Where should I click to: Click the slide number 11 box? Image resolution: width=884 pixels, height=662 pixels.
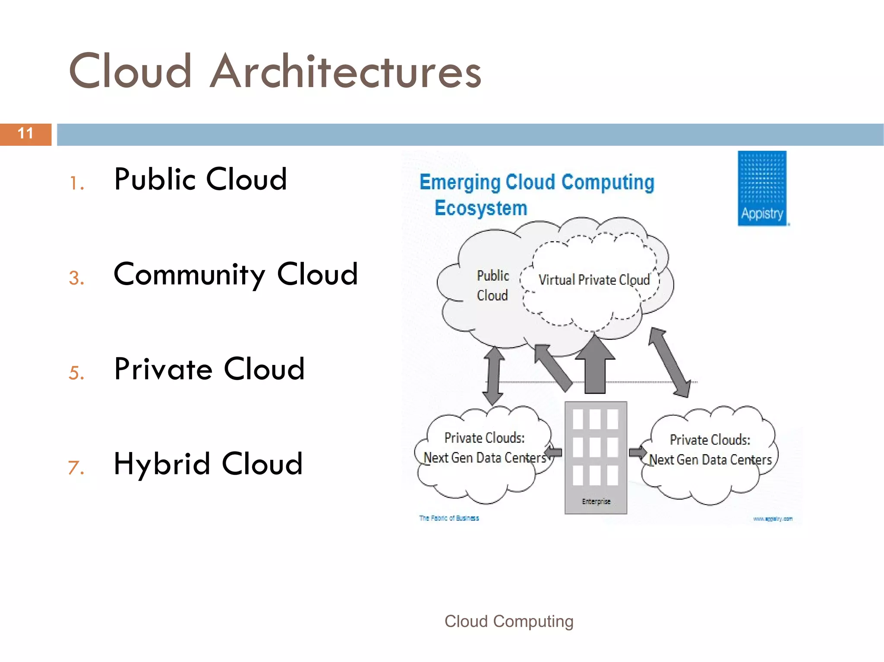tap(25, 134)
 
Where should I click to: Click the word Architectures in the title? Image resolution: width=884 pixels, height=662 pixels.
tap(345, 72)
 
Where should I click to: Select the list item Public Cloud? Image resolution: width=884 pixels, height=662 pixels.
tap(200, 179)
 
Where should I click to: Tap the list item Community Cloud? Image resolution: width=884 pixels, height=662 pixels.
tap(236, 274)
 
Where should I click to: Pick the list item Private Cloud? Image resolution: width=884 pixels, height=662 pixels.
tap(209, 369)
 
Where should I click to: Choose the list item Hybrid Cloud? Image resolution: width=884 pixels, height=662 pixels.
tap(208, 464)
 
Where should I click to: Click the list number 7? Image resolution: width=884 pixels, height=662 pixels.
tap(76, 467)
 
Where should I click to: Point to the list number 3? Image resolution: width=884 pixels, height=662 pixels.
tap(76, 278)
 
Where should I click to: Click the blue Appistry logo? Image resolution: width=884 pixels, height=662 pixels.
tap(762, 188)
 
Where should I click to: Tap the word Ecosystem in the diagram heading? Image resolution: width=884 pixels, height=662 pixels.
tap(480, 208)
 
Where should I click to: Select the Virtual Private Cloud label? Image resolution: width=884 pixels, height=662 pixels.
tap(594, 280)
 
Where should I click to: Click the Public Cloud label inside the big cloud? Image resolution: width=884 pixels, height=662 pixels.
tap(493, 286)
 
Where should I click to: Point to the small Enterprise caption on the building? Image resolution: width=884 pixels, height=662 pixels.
tap(596, 501)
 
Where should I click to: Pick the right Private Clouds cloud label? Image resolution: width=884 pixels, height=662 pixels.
tap(710, 450)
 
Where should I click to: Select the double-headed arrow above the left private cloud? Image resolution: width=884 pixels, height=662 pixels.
tap(493, 375)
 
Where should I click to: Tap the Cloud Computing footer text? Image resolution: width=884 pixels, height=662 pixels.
tap(509, 621)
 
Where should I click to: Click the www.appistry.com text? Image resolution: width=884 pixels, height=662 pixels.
tap(773, 519)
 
